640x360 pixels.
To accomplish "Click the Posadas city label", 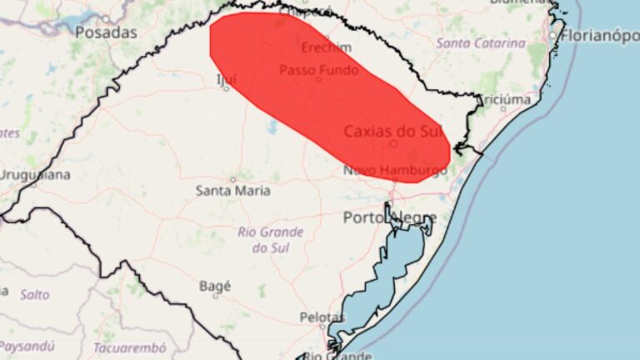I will (x=106, y=32).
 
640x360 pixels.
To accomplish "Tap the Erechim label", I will (x=320, y=47).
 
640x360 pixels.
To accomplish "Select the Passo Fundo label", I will (x=318, y=70).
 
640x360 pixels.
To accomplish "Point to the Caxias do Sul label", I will (x=391, y=131).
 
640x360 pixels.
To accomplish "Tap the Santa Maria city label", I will (x=232, y=191).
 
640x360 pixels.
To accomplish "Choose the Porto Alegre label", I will (x=388, y=218).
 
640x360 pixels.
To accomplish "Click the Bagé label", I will (x=214, y=286).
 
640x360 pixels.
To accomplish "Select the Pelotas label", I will (x=322, y=317).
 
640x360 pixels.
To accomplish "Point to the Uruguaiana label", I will (x=35, y=175).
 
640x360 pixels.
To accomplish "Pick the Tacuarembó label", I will (x=129, y=347).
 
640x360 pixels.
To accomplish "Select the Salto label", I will (x=34, y=294).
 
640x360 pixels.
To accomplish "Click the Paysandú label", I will (x=27, y=345).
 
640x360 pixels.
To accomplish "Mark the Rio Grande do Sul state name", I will (x=270, y=240).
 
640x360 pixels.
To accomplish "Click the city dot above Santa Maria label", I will (x=232, y=179).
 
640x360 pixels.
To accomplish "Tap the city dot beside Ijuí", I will (x=226, y=87).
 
